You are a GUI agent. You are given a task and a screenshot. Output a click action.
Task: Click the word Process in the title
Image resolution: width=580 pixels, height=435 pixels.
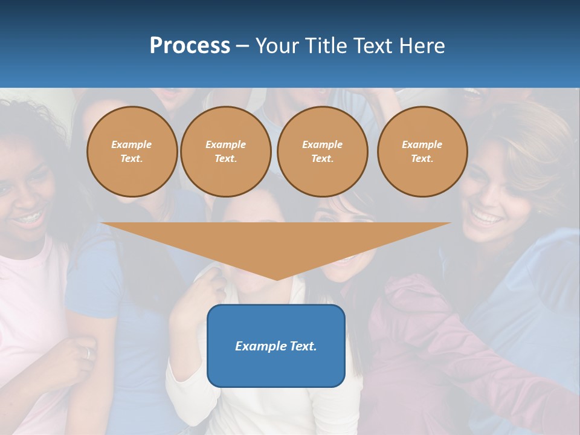[190, 46]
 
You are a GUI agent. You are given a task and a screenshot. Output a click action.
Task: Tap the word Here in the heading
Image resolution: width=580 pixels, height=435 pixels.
[420, 46]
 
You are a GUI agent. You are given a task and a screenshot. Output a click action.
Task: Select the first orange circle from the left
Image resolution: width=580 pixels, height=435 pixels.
[132, 152]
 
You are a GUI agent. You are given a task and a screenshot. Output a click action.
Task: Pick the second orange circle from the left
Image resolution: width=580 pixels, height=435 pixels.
[226, 152]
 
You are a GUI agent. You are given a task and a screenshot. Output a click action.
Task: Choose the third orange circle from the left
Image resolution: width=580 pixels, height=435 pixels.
[323, 152]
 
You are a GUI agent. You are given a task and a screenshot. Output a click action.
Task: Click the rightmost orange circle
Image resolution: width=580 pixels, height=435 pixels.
[422, 152]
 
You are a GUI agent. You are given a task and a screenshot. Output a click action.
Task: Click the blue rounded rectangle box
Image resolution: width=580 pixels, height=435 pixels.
[276, 346]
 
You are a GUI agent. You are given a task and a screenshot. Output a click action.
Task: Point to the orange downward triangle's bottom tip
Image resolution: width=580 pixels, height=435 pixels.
[277, 279]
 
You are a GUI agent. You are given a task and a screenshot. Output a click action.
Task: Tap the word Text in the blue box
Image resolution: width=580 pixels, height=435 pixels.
[303, 346]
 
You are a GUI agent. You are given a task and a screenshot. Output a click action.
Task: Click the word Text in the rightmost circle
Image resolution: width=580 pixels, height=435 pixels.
[422, 159]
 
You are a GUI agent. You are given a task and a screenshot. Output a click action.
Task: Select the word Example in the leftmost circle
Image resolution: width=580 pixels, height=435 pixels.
[132, 145]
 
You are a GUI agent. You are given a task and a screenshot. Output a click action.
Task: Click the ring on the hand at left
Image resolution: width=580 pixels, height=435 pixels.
[88, 353]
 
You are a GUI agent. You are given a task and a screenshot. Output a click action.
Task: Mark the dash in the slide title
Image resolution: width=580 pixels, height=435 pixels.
[243, 46]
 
